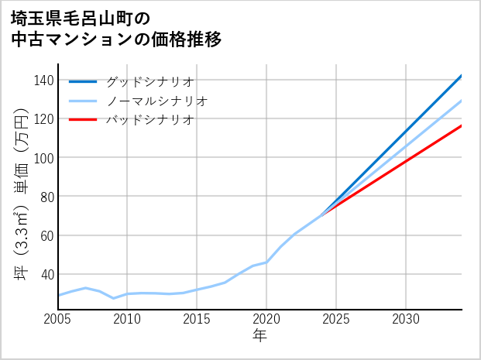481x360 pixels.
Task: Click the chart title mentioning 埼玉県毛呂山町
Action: pyautogui.click(x=116, y=29)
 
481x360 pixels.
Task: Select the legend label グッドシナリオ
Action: pyautogui.click(x=149, y=81)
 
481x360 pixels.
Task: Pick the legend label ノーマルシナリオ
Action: pyautogui.click(x=156, y=101)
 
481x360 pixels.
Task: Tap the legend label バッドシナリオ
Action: pyautogui.click(x=149, y=120)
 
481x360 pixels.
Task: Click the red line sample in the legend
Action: pyautogui.click(x=83, y=120)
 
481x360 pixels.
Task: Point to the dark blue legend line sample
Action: pyautogui.click(x=83, y=81)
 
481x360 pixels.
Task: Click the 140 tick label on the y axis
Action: pyautogui.click(x=44, y=81)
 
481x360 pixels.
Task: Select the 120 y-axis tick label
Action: pyautogui.click(x=44, y=119)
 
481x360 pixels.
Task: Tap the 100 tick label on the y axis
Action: pyautogui.click(x=44, y=158)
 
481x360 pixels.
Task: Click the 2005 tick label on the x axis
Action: pyautogui.click(x=58, y=319)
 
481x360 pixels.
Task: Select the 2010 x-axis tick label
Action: pyautogui.click(x=128, y=319)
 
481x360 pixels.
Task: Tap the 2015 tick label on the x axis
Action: pyautogui.click(x=198, y=319)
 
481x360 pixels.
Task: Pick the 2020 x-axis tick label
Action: pyautogui.click(x=266, y=319)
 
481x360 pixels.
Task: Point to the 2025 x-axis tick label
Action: pyautogui.click(x=336, y=319)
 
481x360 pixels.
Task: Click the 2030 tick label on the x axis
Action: pyautogui.click(x=406, y=319)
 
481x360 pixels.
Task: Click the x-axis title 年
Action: pyautogui.click(x=259, y=336)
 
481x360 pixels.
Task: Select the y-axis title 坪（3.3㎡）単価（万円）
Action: pyautogui.click(x=21, y=194)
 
